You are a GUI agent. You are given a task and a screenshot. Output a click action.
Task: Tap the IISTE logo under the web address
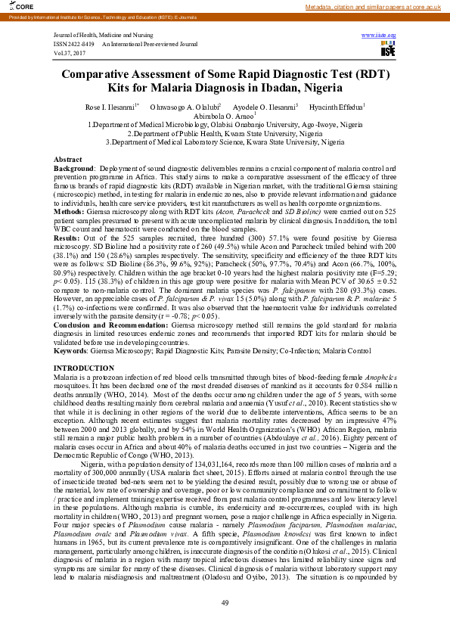388,49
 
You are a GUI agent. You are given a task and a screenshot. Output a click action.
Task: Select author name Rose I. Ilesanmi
110,107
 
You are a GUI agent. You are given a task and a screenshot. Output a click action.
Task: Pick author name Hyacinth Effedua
337,107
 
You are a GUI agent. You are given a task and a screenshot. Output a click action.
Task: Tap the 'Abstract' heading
67,160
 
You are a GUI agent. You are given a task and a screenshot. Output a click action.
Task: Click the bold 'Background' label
73,168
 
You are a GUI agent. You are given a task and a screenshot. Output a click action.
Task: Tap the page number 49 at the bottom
225,601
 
